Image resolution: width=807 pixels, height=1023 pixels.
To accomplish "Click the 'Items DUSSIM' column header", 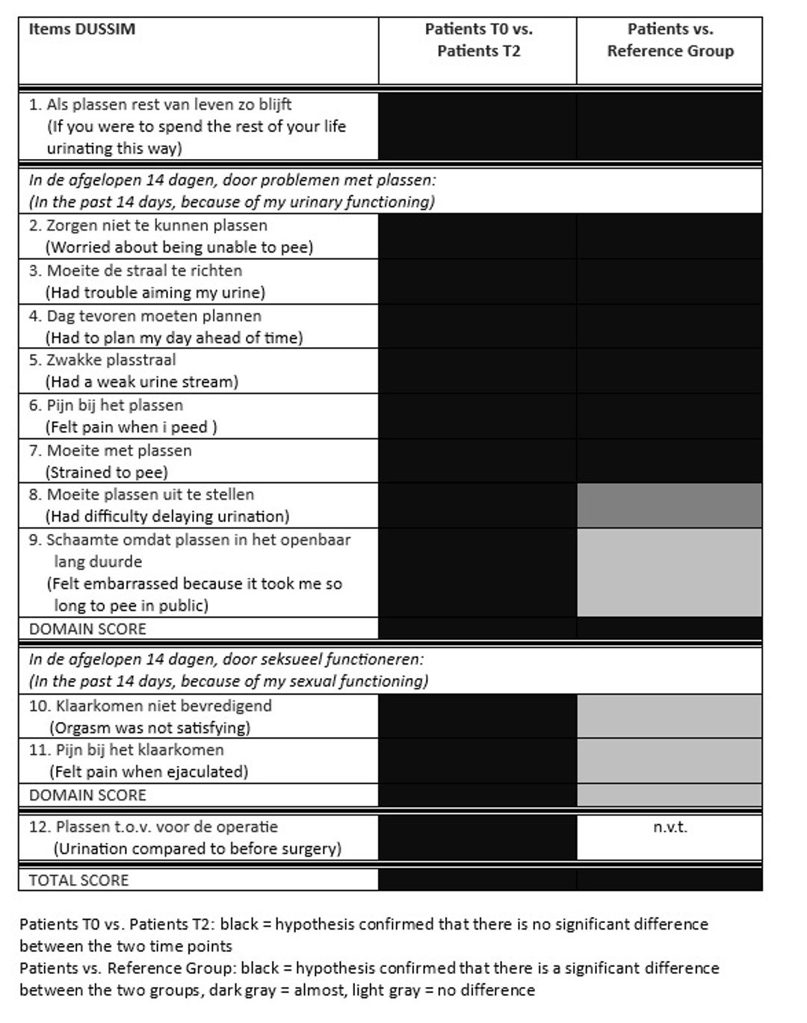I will (x=82, y=30).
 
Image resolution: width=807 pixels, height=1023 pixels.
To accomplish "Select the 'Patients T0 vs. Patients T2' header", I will (x=478, y=40).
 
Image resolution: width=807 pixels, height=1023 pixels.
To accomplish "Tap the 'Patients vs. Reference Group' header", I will (x=670, y=40).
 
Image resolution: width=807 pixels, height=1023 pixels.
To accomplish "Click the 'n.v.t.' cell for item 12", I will (x=670, y=827).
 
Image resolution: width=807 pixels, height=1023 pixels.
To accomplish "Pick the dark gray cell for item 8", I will (x=670, y=506).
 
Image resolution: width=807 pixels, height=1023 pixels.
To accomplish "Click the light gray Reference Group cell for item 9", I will (x=670, y=572).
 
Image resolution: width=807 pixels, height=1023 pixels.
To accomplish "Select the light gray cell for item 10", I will (x=670, y=716).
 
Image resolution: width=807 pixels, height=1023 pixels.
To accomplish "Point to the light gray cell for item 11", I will (x=670, y=760).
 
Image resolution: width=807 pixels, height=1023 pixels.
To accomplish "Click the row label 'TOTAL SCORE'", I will (x=78, y=880).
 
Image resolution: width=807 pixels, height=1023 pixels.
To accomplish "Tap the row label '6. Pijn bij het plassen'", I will (x=106, y=405).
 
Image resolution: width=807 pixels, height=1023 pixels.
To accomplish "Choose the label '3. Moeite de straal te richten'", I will (x=135, y=270).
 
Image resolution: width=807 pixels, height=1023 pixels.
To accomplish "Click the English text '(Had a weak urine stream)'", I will (x=142, y=382).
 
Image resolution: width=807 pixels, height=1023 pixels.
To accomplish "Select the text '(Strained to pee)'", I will (x=107, y=472).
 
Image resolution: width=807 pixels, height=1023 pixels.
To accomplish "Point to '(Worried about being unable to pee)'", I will (x=179, y=247).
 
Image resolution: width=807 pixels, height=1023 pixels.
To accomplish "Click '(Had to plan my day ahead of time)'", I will (x=174, y=338).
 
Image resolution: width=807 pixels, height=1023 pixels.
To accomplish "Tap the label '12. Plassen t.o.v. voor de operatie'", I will (x=154, y=827).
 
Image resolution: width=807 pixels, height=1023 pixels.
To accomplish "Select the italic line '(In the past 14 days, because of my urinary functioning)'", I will (x=232, y=202).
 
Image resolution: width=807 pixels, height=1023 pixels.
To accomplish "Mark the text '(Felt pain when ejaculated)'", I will (x=149, y=771).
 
